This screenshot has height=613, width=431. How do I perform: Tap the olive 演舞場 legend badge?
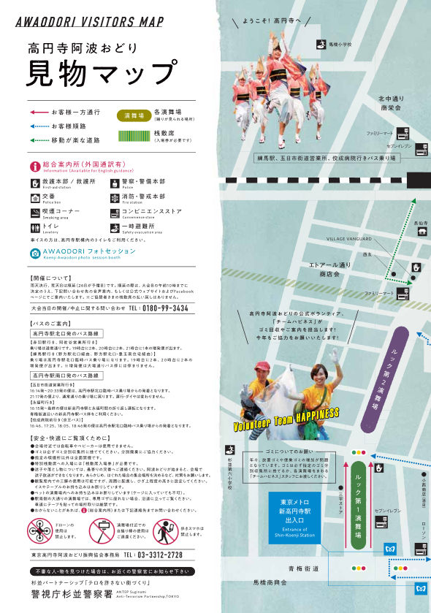(x=134, y=115)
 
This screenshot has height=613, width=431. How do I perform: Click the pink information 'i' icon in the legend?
(x=34, y=167)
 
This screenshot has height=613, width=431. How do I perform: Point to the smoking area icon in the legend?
(x=36, y=213)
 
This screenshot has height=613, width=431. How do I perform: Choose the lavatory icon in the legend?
(x=36, y=227)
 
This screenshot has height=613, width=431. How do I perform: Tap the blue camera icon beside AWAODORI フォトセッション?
(x=34, y=254)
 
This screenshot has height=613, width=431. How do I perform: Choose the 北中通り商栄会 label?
(x=390, y=102)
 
